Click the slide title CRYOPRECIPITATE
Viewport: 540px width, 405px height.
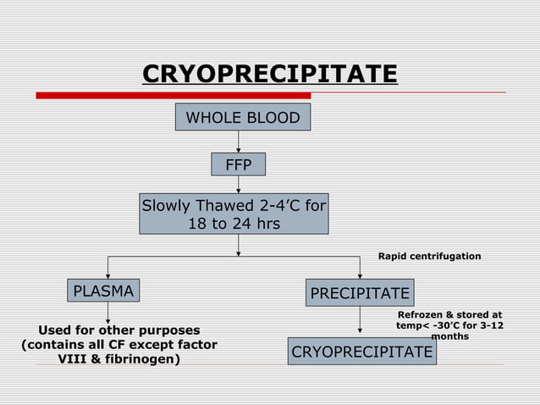pyautogui.click(x=269, y=75)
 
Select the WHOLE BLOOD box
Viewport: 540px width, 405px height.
pyautogui.click(x=242, y=118)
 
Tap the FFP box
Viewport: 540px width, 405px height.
pyautogui.click(x=238, y=165)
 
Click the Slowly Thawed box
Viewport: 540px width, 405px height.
pyautogui.click(x=234, y=214)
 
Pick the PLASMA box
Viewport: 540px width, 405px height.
pyautogui.click(x=103, y=292)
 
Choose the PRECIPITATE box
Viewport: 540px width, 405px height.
pyautogui.click(x=361, y=293)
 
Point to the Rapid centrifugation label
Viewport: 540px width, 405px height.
pyautogui.click(x=428, y=256)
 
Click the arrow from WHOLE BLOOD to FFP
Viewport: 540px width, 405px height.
pyautogui.click(x=239, y=141)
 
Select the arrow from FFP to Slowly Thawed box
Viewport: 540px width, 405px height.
pyautogui.click(x=239, y=186)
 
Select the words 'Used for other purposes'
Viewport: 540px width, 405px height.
pyautogui.click(x=119, y=330)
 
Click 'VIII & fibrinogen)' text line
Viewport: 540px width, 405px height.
pyautogui.click(x=118, y=359)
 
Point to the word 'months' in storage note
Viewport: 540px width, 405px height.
pyautogui.click(x=449, y=336)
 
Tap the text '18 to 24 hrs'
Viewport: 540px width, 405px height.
pyautogui.click(x=234, y=224)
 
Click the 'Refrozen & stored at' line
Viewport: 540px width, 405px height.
pyautogui.click(x=449, y=314)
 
